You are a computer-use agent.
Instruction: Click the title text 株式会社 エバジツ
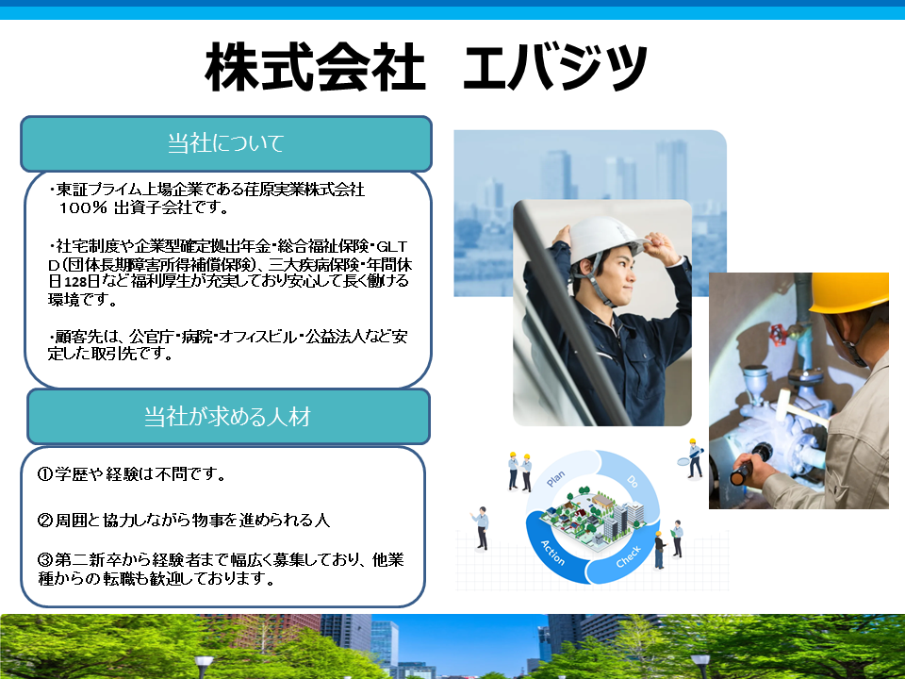point(426,67)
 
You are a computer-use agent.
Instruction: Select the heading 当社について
point(225,143)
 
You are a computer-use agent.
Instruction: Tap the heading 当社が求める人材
point(227,416)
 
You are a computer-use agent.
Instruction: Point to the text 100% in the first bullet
point(83,207)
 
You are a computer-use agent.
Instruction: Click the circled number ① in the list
point(45,474)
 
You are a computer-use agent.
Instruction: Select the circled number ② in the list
point(45,521)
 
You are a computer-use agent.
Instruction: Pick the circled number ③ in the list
point(45,559)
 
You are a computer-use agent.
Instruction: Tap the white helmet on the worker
point(606,238)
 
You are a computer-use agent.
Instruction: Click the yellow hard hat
point(849,292)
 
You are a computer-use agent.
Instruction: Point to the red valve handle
point(779,334)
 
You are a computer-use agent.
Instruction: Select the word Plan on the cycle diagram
point(555,479)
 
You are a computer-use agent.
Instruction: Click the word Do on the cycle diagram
point(633,481)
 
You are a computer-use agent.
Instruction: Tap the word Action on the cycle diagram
point(553,553)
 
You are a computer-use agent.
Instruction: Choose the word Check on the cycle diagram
point(629,556)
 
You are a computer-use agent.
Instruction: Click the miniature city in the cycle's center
point(593,516)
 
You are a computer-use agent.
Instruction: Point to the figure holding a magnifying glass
point(693,458)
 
